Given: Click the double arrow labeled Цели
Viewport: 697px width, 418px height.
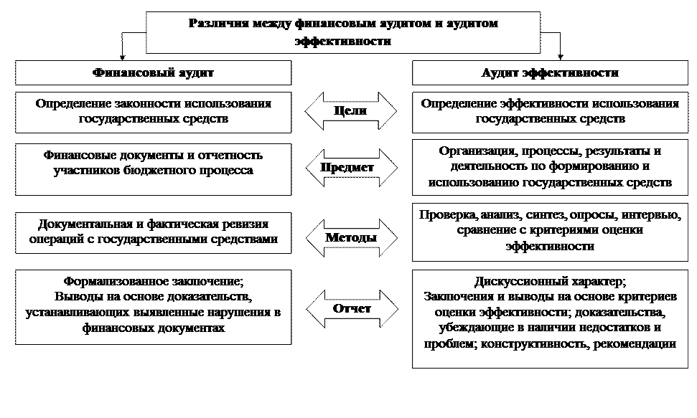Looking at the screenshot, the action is click(350, 111).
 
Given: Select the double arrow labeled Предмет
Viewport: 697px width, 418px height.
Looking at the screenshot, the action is click(351, 168).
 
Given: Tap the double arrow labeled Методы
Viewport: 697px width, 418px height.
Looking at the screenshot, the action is click(351, 237).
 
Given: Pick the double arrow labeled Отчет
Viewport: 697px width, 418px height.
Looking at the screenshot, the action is click(352, 309).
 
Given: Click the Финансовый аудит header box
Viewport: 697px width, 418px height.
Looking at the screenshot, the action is click(154, 73).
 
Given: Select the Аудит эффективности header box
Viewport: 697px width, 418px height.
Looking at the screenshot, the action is click(550, 73).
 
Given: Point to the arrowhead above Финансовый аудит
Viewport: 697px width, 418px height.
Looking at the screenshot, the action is click(122, 57).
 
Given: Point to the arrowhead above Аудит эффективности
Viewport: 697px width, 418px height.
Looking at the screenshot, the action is click(560, 57).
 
